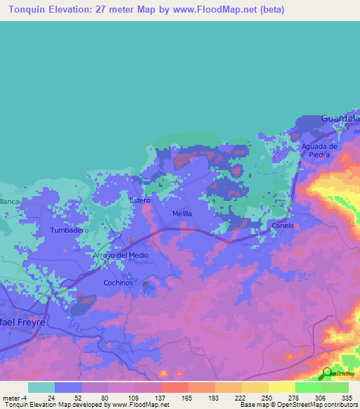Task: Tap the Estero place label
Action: [141, 200]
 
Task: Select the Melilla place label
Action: [182, 213]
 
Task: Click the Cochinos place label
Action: [118, 282]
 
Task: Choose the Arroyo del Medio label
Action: [121, 255]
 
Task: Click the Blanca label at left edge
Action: [9, 202]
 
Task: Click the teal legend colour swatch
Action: [41, 387]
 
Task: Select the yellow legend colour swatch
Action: [281, 387]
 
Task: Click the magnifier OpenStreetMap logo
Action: [327, 373]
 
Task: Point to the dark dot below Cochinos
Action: [146, 285]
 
